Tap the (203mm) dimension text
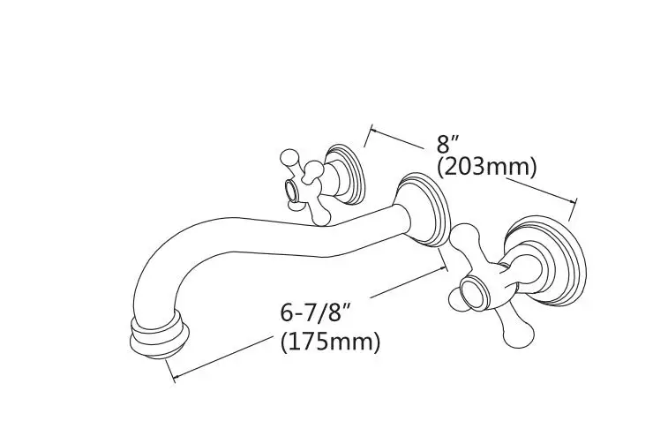tap(486, 166)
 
